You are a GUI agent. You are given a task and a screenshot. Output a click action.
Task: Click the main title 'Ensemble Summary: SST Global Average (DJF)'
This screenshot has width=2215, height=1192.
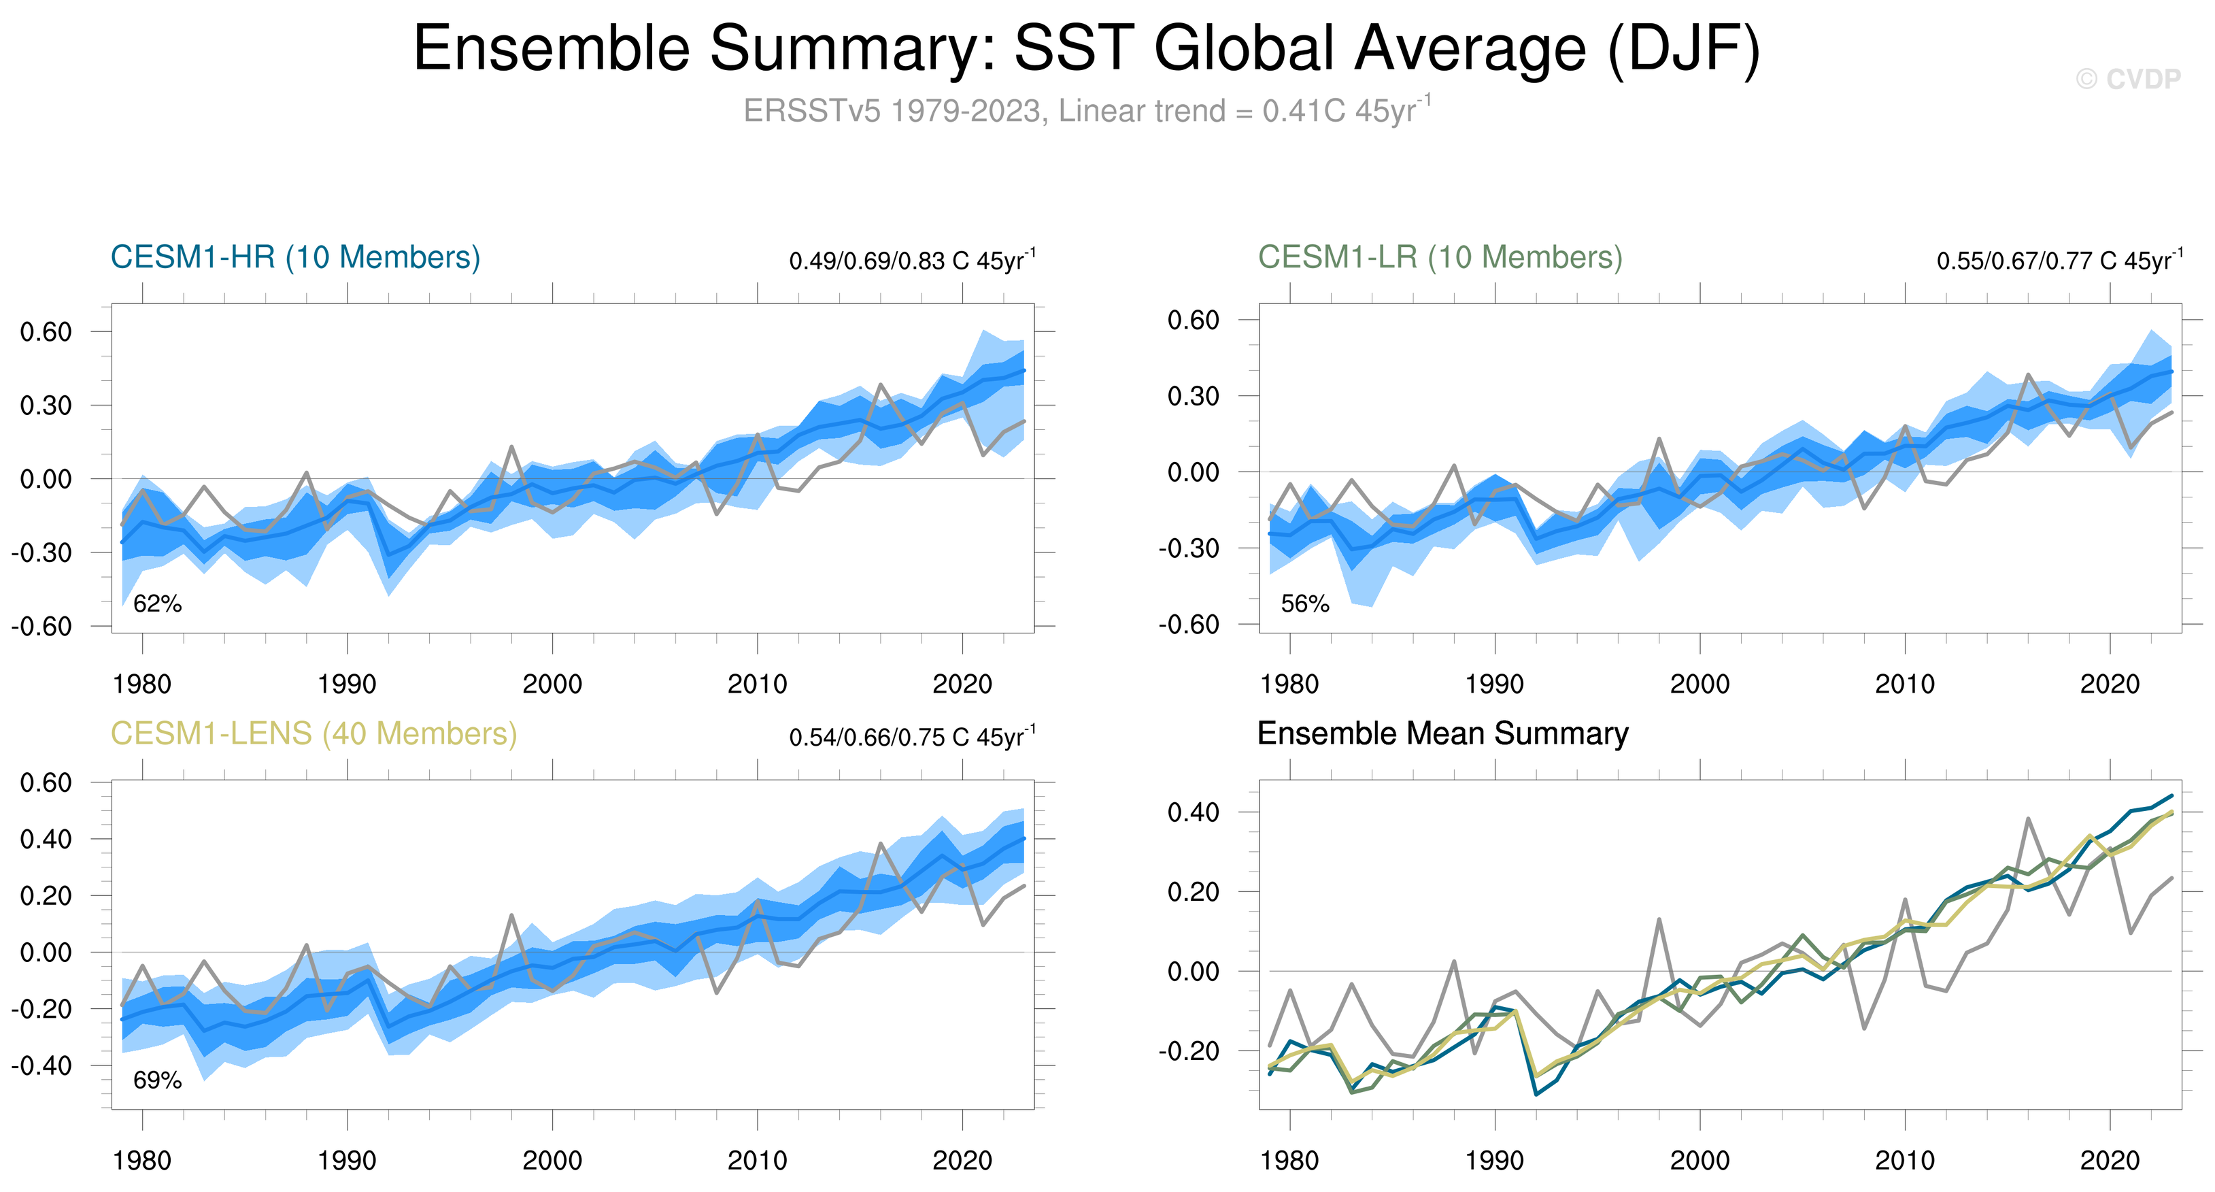(1086, 48)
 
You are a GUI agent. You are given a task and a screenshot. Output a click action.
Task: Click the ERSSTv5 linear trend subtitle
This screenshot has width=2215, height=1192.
(1086, 111)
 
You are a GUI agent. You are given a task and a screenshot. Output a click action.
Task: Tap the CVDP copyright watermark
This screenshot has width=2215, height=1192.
(2127, 79)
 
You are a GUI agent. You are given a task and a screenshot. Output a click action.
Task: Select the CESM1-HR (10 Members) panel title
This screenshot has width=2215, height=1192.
(295, 257)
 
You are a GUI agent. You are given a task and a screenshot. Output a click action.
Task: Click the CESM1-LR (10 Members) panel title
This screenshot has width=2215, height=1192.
(1440, 257)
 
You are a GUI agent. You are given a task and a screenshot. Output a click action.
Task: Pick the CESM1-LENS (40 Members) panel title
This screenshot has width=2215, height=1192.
(314, 733)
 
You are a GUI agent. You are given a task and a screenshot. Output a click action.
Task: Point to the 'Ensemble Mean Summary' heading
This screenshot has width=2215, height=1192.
(1442, 733)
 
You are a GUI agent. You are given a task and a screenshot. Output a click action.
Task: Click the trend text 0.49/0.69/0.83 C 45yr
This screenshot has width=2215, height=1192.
(911, 261)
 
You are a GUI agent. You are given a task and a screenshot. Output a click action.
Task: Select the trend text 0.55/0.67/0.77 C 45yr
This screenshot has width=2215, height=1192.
(2059, 261)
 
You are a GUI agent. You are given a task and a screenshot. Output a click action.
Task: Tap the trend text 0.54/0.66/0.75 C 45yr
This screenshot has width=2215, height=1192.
(911, 737)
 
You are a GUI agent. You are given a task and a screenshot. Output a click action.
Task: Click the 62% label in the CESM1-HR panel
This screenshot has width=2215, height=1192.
(157, 603)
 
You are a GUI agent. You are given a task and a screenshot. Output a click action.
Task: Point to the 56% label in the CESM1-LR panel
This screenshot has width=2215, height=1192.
(1304, 603)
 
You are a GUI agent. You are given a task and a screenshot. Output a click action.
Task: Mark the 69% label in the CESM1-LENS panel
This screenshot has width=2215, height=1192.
(157, 1080)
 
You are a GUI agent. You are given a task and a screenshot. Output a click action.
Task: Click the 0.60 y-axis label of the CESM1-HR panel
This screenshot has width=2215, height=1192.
(46, 332)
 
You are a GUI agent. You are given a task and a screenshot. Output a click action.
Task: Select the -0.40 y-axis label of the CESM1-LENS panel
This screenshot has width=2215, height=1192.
(41, 1065)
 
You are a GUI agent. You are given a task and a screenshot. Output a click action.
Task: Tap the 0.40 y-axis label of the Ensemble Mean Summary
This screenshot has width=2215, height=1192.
(1193, 812)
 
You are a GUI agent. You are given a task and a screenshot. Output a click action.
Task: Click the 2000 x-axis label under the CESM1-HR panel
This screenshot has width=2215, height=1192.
(552, 684)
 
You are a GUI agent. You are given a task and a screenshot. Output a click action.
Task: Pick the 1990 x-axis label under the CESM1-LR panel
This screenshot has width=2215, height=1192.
(1494, 684)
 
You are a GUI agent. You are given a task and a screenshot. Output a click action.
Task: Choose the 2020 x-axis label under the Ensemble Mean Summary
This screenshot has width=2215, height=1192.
(2109, 1161)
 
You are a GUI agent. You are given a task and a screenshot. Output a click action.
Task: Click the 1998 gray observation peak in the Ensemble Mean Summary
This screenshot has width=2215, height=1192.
(1659, 919)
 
